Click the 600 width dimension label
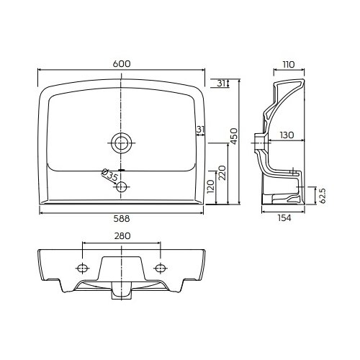pyautogui.click(x=122, y=64)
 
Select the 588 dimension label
pyautogui.click(x=122, y=219)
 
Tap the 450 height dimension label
pyautogui.click(x=234, y=136)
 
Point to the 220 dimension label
pyautogui.click(x=222, y=173)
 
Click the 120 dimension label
pyautogui.click(x=210, y=186)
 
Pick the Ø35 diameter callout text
pyautogui.click(x=109, y=174)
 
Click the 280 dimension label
pyautogui.click(x=122, y=236)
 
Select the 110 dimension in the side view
pyautogui.click(x=289, y=65)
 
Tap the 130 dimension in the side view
pyautogui.click(x=287, y=135)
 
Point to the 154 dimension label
pyautogui.click(x=284, y=218)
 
